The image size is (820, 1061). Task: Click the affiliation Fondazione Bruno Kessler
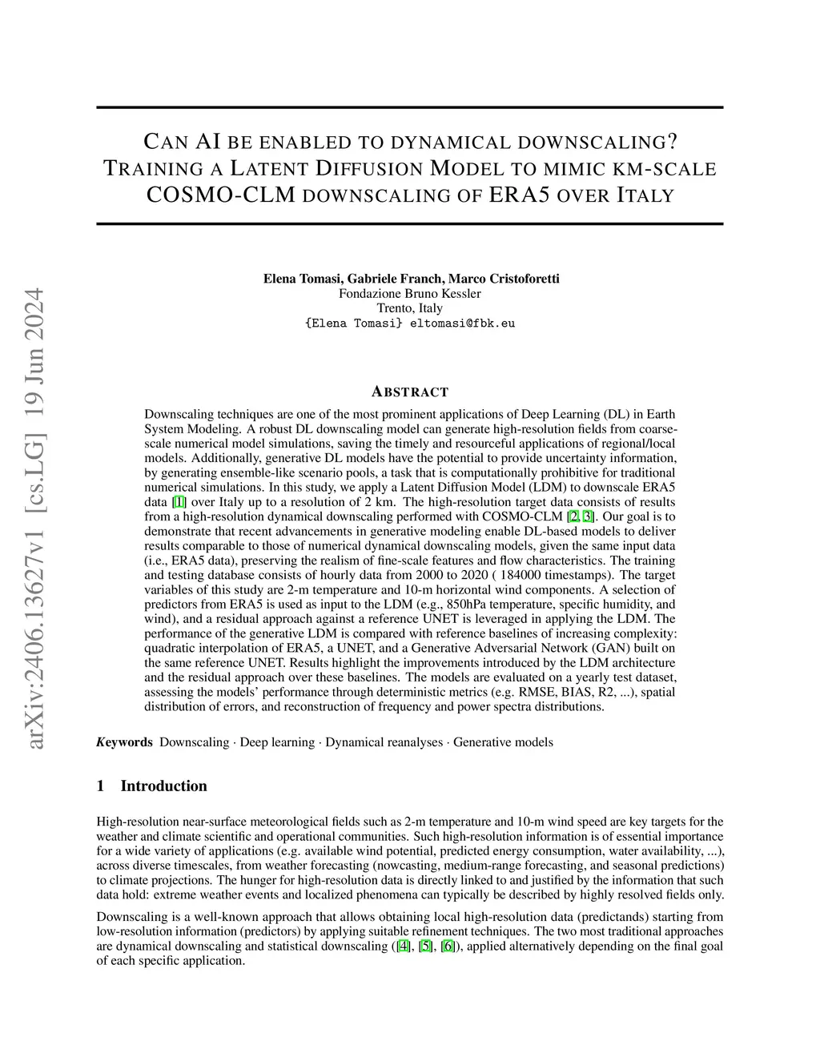coord(410,293)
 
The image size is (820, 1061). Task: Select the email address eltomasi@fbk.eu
coord(462,324)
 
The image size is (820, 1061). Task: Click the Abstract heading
coord(410,392)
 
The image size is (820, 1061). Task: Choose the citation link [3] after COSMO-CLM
coord(589,516)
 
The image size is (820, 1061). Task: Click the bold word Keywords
coord(125,742)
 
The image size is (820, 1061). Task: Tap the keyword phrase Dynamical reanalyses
coord(384,742)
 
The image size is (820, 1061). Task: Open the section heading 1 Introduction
coord(152,786)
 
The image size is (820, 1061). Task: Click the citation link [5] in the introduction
coord(426,946)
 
